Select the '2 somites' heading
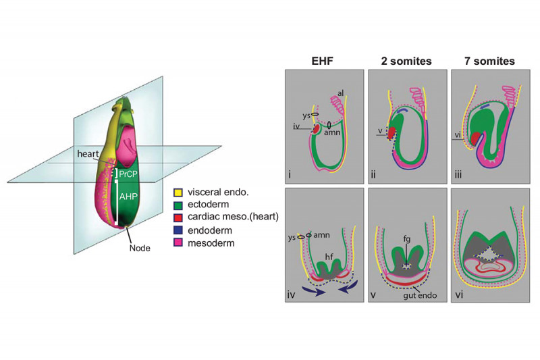click(x=404, y=61)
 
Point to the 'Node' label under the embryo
click(x=140, y=248)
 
